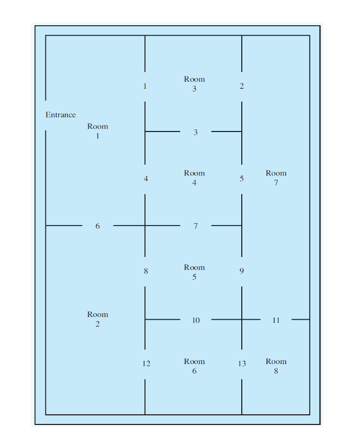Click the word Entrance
pyautogui.click(x=60, y=114)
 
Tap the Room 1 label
pyautogui.click(x=97, y=131)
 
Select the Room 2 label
pyautogui.click(x=97, y=319)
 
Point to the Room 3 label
pyautogui.click(x=194, y=84)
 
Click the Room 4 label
pyautogui.click(x=194, y=178)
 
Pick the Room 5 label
pyautogui.click(x=194, y=272)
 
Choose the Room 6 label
pyautogui.click(x=194, y=366)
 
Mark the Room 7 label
pyautogui.click(x=276, y=178)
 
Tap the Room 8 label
pyautogui.click(x=276, y=366)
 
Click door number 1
pyautogui.click(x=145, y=86)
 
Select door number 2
pyautogui.click(x=242, y=86)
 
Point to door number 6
pyautogui.click(x=97, y=226)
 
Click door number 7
pyautogui.click(x=195, y=226)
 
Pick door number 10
pyautogui.click(x=196, y=320)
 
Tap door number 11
pyautogui.click(x=276, y=320)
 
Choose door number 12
pyautogui.click(x=146, y=364)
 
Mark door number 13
pyautogui.click(x=242, y=364)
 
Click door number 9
pyautogui.click(x=242, y=271)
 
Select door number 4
pyautogui.click(x=145, y=179)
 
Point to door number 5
pyautogui.click(x=242, y=179)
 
